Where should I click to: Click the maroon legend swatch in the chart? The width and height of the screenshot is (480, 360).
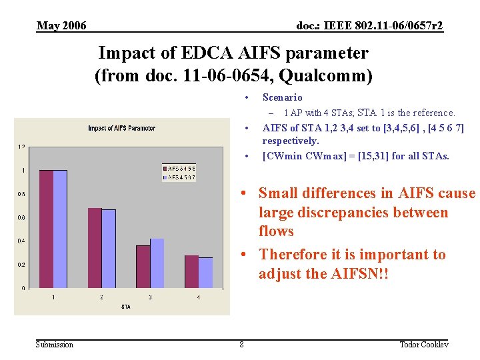coord(165,169)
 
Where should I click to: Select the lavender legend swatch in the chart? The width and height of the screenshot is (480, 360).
coord(165,177)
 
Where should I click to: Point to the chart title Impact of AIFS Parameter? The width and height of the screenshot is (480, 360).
coord(121,128)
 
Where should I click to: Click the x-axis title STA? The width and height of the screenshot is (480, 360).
coord(125,307)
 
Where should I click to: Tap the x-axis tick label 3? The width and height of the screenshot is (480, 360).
coord(150,297)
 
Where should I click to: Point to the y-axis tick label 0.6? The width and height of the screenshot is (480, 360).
coord(22,217)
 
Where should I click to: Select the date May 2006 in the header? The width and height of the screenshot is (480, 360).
coord(61,26)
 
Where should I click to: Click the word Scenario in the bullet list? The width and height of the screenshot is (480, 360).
coord(282,98)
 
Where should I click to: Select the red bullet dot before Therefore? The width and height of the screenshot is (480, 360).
coord(245,255)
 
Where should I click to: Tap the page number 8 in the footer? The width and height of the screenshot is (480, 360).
coord(241,345)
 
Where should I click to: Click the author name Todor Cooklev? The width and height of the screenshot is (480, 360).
coord(423,345)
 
